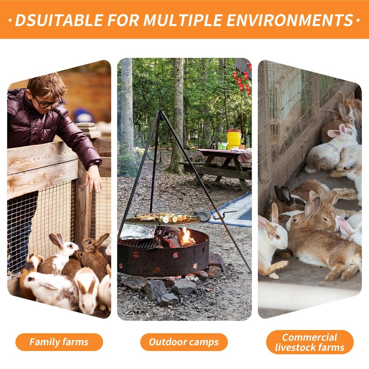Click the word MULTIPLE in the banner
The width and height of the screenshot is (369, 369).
coord(183,20)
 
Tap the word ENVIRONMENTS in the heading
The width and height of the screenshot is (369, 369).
coord(290,20)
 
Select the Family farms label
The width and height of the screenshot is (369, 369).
coord(59,342)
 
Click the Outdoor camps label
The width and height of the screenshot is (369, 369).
coord(184,342)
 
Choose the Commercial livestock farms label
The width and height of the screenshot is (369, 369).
coord(310,342)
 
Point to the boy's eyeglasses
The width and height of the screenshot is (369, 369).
coord(47,103)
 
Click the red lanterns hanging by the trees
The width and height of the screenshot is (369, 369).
coord(242,80)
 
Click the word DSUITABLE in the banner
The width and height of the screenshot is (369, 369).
coord(59,20)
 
